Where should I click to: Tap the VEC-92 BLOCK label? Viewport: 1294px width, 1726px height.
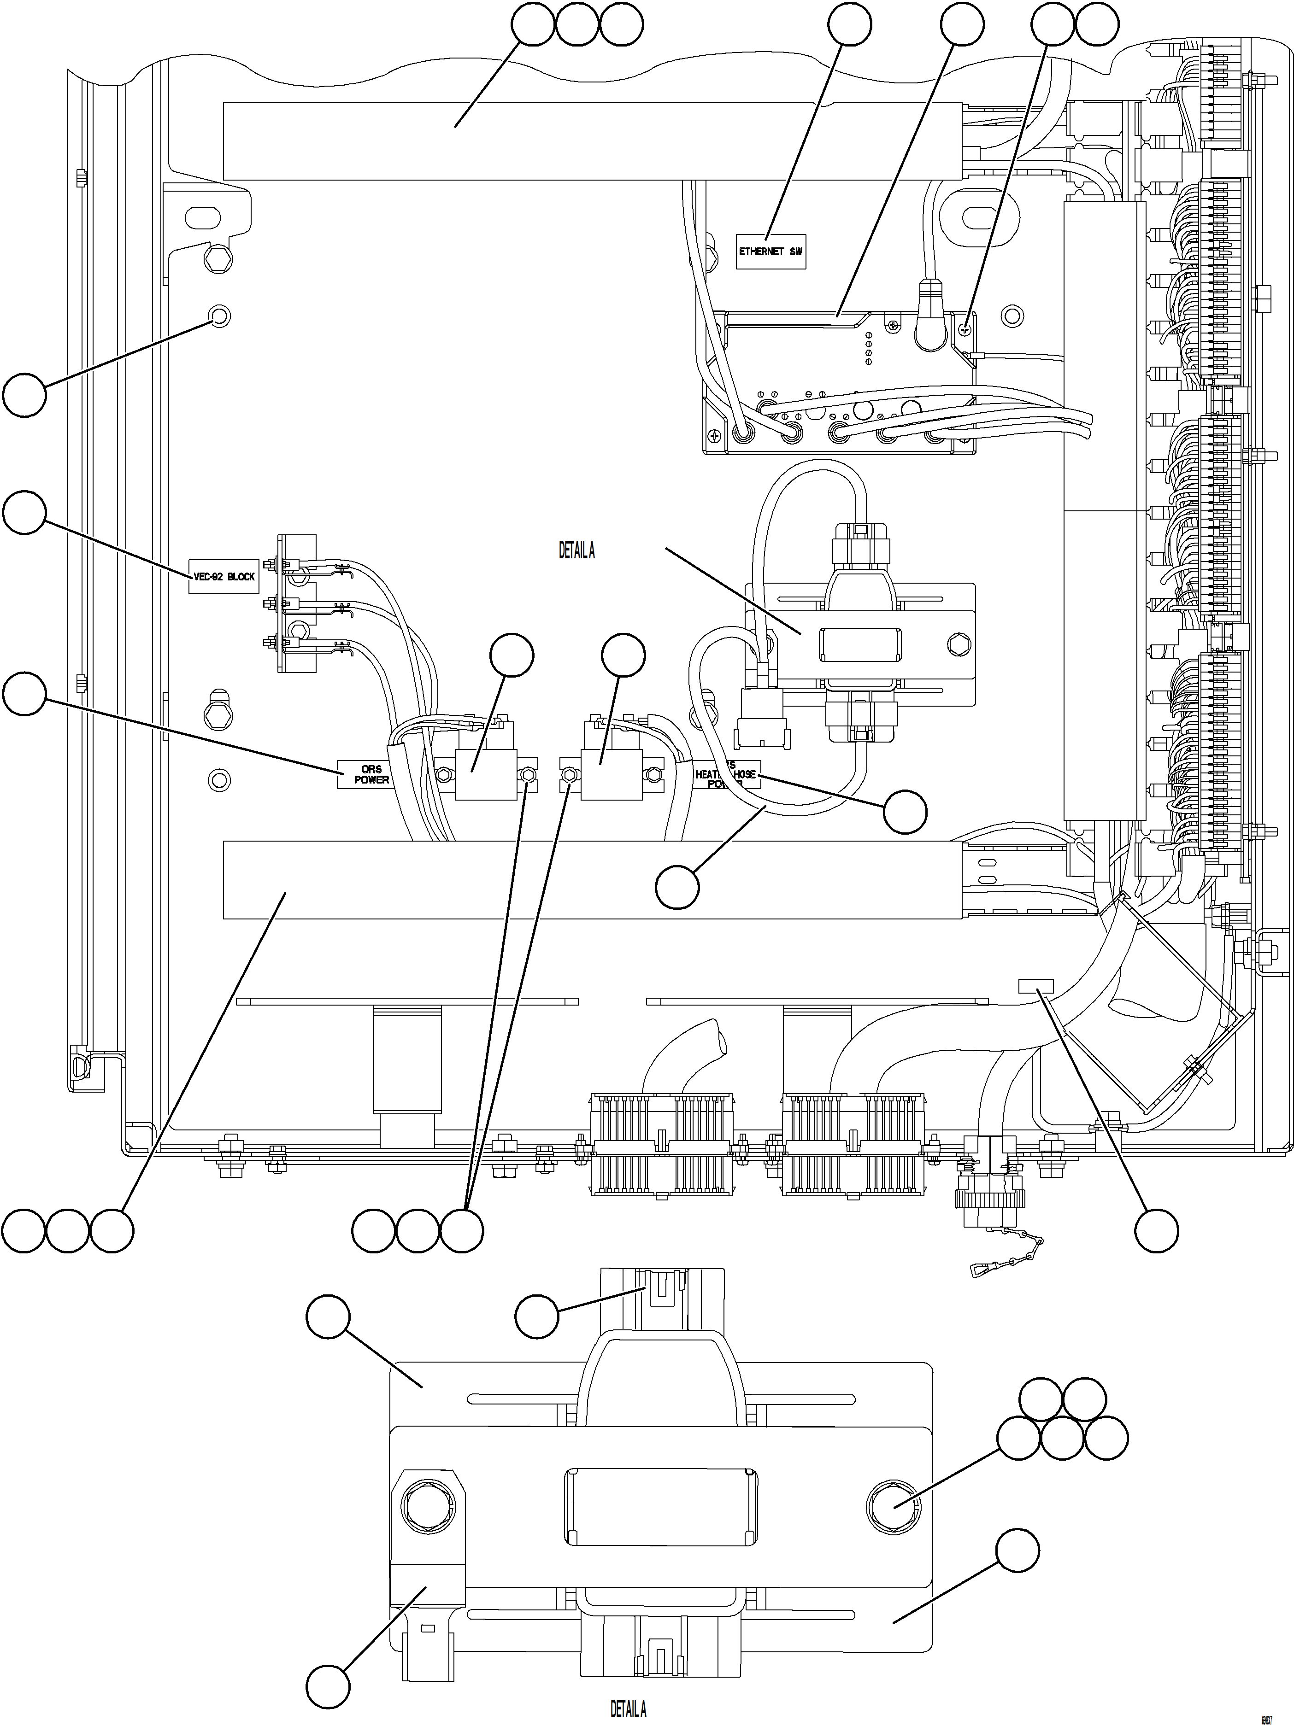223,577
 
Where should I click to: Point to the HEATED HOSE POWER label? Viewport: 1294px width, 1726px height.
726,774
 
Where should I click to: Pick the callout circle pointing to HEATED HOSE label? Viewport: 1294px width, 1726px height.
906,812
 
